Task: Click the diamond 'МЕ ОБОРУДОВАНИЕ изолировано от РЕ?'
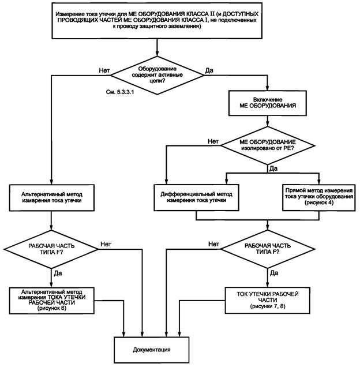[268, 147]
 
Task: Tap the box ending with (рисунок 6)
[52, 300]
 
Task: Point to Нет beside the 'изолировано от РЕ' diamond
[212, 141]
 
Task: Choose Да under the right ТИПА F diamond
[273, 271]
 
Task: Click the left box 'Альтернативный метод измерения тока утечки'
[52, 196]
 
